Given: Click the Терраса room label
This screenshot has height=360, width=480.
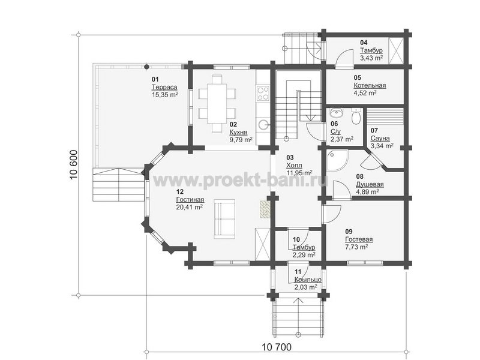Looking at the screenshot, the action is pos(164,87).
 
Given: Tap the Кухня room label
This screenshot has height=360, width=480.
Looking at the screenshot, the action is pos(238,133).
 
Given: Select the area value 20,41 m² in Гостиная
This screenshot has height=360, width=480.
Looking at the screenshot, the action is pos(189,207).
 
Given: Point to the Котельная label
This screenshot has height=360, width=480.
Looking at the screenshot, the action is pos(370,85).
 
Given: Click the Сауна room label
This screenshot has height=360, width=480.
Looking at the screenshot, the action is pos(380,139).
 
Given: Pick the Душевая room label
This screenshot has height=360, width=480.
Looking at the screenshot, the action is pos(370,185).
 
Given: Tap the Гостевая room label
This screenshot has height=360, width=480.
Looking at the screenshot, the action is pos(359,239).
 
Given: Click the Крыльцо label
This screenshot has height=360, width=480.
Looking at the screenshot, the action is pos(308,280).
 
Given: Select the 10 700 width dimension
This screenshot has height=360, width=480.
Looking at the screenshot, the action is pos(277,347).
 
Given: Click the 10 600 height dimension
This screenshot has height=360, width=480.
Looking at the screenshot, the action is pos(74,164).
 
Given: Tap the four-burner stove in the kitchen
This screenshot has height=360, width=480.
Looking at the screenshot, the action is pos(263,94).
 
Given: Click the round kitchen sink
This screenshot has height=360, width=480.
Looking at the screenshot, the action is pos(263,125).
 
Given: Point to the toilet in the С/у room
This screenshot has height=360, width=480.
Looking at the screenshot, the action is pos(356,116).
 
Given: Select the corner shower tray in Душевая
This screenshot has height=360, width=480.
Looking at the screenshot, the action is pos(337,160).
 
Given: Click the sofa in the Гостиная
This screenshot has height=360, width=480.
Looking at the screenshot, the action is pos(224,219).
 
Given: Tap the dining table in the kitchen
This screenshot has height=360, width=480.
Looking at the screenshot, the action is pos(217,103).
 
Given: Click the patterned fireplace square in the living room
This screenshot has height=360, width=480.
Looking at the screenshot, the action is pos(265,209).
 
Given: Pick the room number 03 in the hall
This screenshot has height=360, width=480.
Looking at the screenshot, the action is pos(290,158).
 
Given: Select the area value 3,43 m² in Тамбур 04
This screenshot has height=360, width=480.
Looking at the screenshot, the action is pos(371,58).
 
